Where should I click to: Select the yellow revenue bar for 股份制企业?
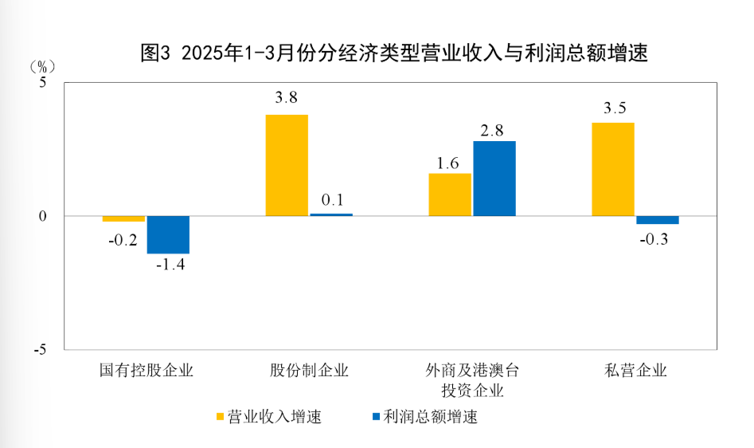[x=287, y=165]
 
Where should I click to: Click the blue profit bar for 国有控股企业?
[x=168, y=234]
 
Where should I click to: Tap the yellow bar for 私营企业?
[x=613, y=169]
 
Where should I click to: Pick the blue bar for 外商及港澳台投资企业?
[x=494, y=179]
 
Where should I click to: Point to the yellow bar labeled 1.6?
[x=450, y=195]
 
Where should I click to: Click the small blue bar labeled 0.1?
[x=331, y=214]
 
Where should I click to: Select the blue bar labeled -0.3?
[x=658, y=220]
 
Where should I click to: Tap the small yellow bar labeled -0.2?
[x=123, y=218]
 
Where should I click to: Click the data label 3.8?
[x=287, y=99]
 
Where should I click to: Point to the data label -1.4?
[x=170, y=265]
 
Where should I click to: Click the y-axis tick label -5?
[x=41, y=350]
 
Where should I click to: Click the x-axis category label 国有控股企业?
[x=147, y=370]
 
